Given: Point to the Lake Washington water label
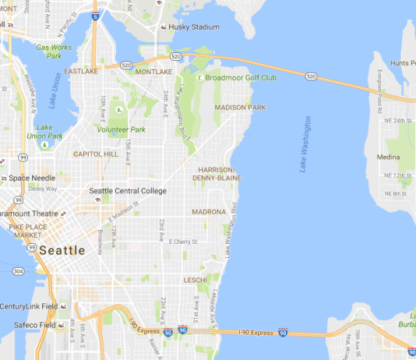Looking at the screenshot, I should tap(305, 144).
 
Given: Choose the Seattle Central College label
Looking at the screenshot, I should tap(128, 191).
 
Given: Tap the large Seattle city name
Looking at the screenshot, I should tap(62, 250).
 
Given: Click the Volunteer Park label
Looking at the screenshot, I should tap(121, 130).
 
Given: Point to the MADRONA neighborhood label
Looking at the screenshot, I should tap(209, 211).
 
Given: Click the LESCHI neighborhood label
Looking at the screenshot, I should tap(195, 279).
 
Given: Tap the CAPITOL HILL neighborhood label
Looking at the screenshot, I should tap(96, 154).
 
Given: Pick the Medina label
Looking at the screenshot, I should tap(388, 157).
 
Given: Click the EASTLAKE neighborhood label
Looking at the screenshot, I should tap(81, 71).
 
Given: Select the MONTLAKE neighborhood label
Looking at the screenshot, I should tap(153, 71).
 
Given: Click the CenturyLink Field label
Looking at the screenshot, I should tap(29, 306).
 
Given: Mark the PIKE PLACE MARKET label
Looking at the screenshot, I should tap(26, 230).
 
